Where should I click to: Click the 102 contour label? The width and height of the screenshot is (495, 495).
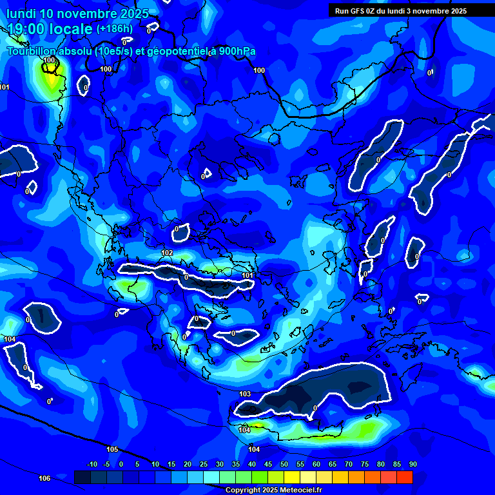pos(167,253)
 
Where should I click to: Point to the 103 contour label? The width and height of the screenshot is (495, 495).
pos(245,394)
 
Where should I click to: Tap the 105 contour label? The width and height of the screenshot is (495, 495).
pos(112,449)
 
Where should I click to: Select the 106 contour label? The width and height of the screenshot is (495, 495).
pos(44,478)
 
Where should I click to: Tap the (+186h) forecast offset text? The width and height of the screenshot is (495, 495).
pos(115,28)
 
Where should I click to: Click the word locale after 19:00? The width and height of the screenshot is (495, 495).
pos(71,29)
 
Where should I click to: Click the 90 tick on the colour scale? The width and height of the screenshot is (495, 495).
pos(412,464)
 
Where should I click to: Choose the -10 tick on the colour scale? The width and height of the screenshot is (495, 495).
pos(92,464)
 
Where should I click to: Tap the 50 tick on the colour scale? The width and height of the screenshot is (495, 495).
pos(284,464)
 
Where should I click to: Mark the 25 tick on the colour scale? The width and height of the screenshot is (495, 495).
pos(204,464)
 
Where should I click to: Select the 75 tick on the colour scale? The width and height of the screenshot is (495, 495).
pos(365,464)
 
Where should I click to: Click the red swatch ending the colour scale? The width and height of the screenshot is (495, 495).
pos(404,477)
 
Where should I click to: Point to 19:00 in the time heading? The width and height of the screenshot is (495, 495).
pos(26,29)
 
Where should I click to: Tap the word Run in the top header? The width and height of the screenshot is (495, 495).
pos(342,11)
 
